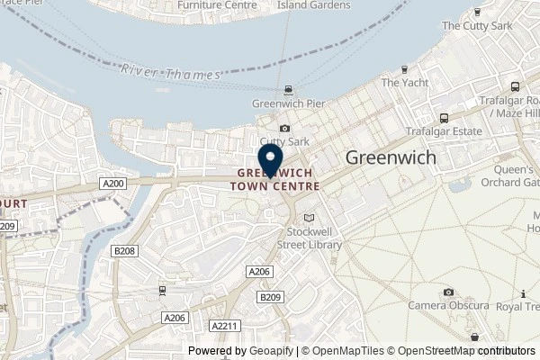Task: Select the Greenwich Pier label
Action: click(287, 103)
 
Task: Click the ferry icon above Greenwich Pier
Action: click(287, 89)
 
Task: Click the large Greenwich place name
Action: click(391, 157)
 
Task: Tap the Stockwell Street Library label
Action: click(310, 238)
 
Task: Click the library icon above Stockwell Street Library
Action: click(310, 218)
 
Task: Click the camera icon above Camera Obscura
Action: click(448, 292)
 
